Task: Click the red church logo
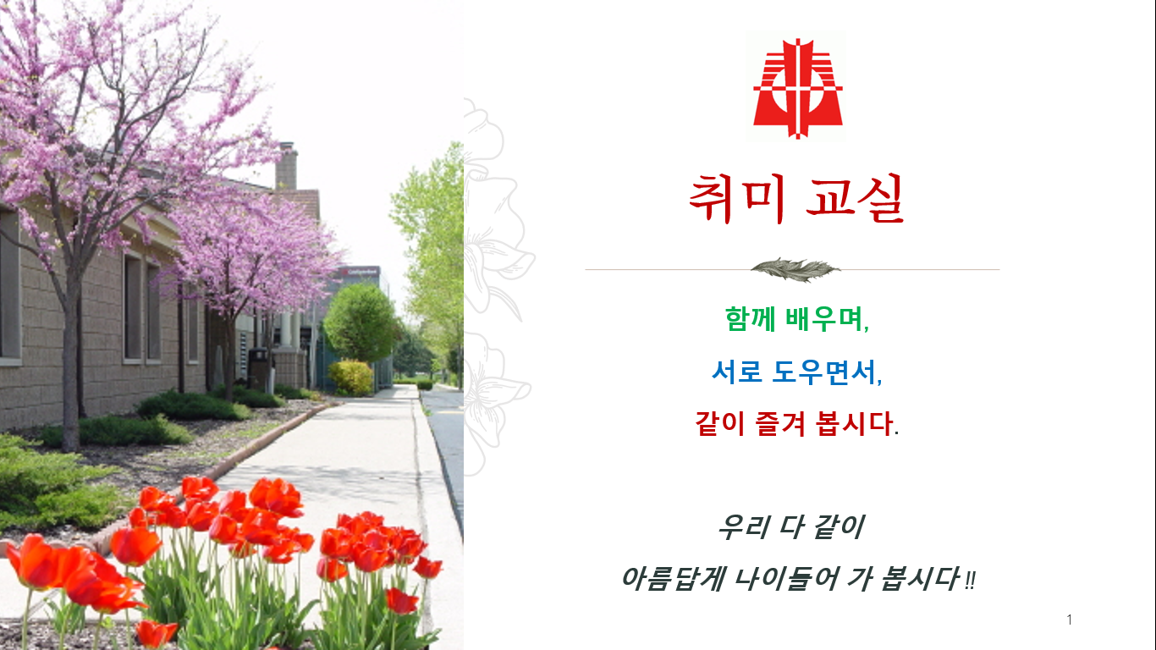click(797, 88)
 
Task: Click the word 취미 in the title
click(738, 199)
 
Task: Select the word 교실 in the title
click(855, 199)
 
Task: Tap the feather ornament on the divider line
click(795, 269)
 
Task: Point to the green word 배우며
click(828, 319)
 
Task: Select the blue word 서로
click(737, 372)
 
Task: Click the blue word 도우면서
click(827, 372)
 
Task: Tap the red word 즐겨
click(780, 424)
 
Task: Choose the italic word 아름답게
click(674, 579)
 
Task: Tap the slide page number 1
click(1070, 620)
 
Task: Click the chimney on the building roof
click(286, 166)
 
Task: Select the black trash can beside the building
click(259, 370)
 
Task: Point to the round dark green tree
click(361, 322)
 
